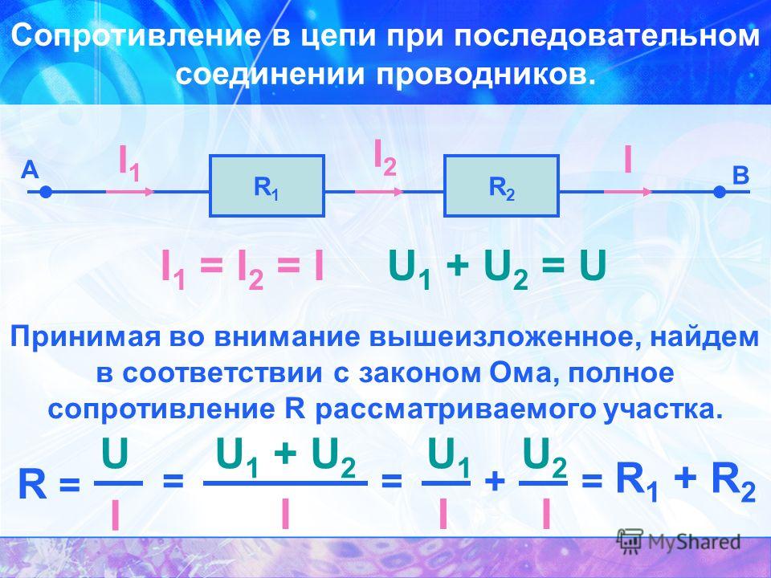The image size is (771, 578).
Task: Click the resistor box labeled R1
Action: coord(267,185)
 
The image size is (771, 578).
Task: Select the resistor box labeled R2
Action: coord(501,185)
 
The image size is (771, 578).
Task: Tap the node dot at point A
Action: coord(46,192)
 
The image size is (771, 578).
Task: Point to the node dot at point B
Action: coord(720,192)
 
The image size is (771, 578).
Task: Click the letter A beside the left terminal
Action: coord(30,171)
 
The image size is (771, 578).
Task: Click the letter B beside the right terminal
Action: coord(740,176)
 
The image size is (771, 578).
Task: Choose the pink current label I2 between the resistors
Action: coord(385,157)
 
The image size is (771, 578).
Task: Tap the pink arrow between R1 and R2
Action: coord(378,192)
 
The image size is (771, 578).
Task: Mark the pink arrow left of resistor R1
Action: coord(130,192)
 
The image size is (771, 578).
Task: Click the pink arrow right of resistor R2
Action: coord(628,192)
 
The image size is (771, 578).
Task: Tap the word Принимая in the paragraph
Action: coord(85,338)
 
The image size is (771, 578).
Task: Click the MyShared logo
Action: coord(679,542)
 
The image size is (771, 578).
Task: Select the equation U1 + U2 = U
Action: coord(496,270)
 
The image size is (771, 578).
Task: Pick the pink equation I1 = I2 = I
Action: coord(243,270)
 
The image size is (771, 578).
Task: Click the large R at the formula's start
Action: coord(32,485)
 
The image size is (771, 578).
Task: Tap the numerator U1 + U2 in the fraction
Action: coord(286,459)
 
